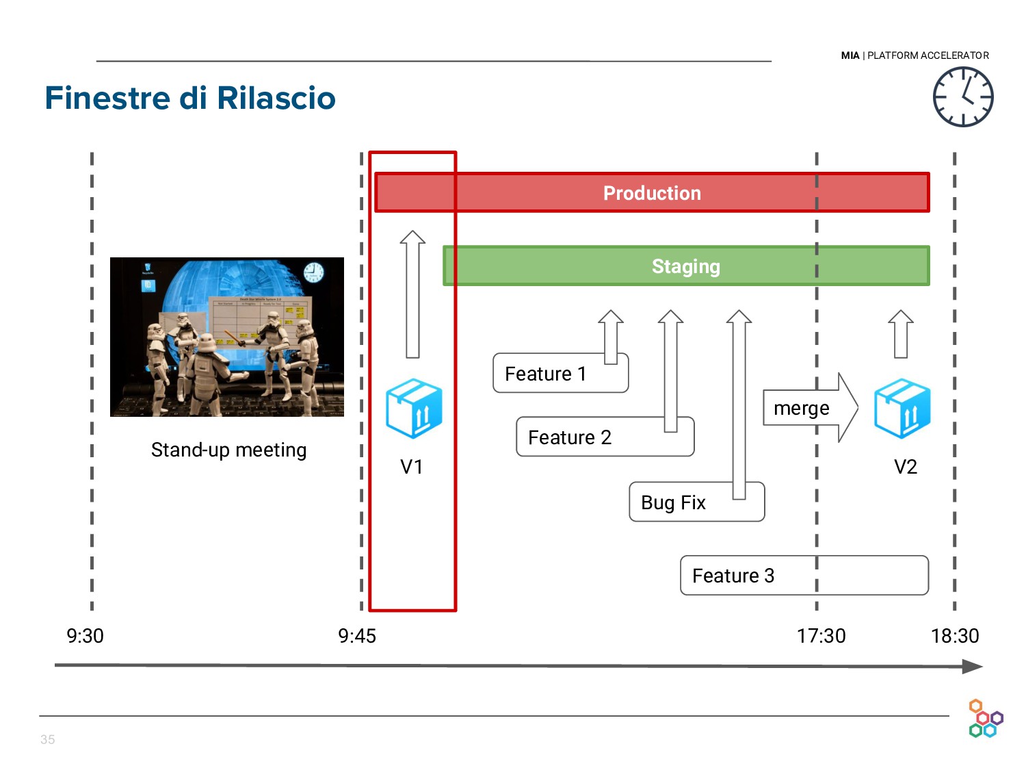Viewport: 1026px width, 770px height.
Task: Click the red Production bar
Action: [x=652, y=193]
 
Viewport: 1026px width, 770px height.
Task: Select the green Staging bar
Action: [x=686, y=266]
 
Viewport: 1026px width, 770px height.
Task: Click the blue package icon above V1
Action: [x=414, y=409]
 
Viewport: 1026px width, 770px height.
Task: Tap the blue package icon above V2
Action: [x=902, y=409]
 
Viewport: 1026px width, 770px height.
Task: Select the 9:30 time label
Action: [x=85, y=636]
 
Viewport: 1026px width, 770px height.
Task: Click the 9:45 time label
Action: [x=357, y=636]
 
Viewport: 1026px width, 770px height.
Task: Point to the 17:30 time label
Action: [x=821, y=636]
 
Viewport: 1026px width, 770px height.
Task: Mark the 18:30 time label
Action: [x=955, y=636]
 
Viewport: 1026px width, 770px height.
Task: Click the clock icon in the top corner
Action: [x=963, y=97]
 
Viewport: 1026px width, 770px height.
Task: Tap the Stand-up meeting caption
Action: [x=228, y=450]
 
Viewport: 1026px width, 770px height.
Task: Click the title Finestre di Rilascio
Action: [x=190, y=98]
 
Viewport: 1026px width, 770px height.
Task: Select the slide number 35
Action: [x=47, y=739]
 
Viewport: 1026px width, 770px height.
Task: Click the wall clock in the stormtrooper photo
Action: [x=313, y=272]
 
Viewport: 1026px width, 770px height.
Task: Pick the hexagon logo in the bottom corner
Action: [x=985, y=719]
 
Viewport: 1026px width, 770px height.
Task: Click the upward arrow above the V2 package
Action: [x=901, y=333]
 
